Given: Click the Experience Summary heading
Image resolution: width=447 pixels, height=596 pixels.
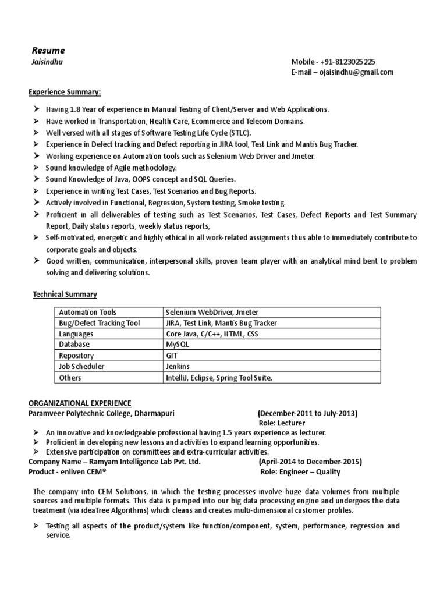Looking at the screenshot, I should pos(65,93).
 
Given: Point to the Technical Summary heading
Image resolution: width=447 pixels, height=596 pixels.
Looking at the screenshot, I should pos(65,295).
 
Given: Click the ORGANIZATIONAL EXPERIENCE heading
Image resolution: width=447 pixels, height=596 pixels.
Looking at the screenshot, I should pos(80,403).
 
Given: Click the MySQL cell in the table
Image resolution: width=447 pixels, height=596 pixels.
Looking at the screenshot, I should pos(178,345).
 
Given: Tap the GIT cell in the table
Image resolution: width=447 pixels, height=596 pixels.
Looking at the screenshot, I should pos(172,356).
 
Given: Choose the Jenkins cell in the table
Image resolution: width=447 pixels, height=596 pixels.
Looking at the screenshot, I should pos(178,367).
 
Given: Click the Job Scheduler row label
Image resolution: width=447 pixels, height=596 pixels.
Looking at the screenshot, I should pos(81,367).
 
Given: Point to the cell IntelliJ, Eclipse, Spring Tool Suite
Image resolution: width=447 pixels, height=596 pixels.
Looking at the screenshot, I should pos(219,378).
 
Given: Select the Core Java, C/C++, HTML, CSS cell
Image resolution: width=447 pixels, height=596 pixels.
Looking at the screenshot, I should pos(211,334).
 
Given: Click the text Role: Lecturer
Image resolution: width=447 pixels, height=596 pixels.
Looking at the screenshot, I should pos(282,423).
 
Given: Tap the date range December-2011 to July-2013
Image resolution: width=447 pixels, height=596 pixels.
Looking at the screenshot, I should pos(308,413).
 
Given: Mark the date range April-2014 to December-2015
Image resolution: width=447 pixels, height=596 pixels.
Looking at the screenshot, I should pos(310,462).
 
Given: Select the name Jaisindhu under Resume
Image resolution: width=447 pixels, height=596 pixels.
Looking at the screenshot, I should pos(45,62).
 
